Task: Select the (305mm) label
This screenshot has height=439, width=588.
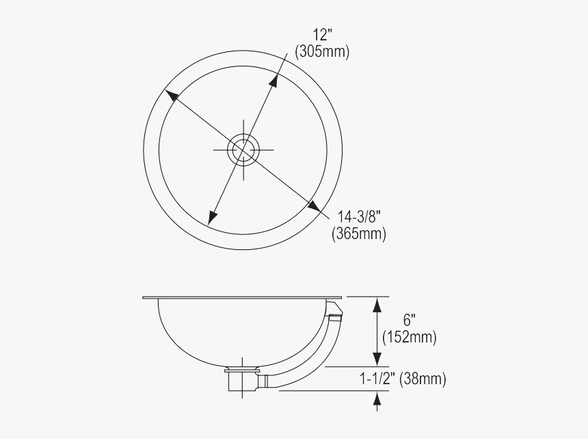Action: tap(321, 52)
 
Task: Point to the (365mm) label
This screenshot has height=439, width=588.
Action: tap(359, 234)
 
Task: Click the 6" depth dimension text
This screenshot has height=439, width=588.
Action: tap(409, 321)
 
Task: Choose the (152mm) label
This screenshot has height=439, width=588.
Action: tap(410, 337)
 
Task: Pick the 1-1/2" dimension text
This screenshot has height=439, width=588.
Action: tap(379, 378)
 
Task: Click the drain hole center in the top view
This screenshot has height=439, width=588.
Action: tap(243, 149)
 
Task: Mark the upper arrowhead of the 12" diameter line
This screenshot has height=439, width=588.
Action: tap(274, 79)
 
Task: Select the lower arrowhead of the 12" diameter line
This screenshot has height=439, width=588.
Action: tap(213, 216)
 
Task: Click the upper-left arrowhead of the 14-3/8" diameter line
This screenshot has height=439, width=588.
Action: tap(170, 95)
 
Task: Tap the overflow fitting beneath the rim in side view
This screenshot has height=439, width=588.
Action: tap(333, 316)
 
